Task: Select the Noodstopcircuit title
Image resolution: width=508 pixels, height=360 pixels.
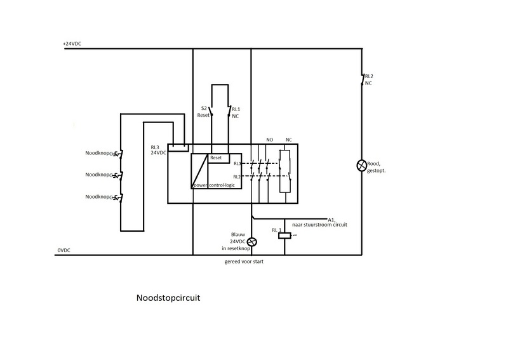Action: [168, 297]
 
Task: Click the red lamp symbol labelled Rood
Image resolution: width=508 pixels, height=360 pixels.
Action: [362, 166]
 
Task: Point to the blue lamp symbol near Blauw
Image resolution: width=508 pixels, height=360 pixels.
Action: [252, 242]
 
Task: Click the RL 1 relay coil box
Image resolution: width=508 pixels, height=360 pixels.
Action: [284, 236]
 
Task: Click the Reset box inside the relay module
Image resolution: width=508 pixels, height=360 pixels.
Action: [216, 157]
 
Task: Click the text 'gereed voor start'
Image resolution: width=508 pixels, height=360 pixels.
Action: [239, 262]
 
